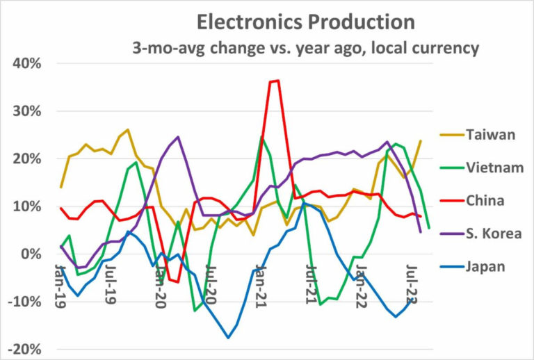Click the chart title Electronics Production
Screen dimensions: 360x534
pos(305,22)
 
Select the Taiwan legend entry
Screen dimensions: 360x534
pos(492,134)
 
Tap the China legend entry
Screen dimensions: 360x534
pos(486,201)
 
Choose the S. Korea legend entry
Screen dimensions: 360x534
pos(495,234)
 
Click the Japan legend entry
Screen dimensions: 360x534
pos(487,268)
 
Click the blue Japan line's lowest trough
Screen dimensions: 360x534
pos(227,338)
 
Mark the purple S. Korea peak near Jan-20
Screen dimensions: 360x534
pos(178,137)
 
